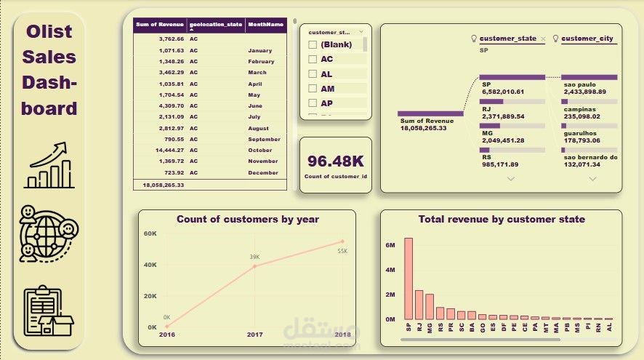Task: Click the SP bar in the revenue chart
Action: click(408, 279)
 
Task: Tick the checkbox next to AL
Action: click(313, 73)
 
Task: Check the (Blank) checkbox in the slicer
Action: click(313, 44)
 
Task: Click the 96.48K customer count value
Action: click(335, 161)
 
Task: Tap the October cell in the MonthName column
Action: click(259, 150)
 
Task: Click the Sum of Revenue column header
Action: click(160, 24)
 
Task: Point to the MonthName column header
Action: click(265, 24)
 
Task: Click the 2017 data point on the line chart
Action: click(254, 266)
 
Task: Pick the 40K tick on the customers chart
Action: click(150, 265)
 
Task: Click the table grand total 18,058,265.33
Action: click(161, 185)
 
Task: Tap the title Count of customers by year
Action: click(248, 219)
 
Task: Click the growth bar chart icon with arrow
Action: click(50, 165)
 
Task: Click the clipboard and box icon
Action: click(49, 312)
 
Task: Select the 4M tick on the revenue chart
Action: click(390, 271)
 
